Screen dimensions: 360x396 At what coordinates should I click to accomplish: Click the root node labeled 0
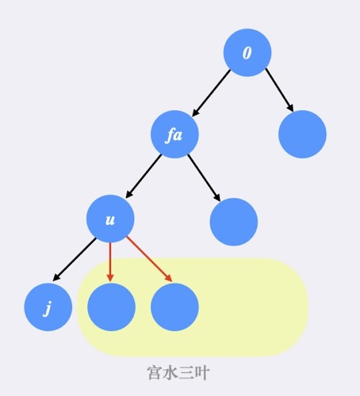coord(247,52)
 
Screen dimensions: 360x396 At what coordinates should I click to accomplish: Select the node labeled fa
coord(174,135)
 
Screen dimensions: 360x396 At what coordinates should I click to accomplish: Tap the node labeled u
coord(110,219)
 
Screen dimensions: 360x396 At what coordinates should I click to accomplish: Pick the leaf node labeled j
coord(48,307)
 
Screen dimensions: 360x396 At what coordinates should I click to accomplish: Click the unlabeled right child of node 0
coord(302,135)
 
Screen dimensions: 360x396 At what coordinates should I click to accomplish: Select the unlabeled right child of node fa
coord(234,222)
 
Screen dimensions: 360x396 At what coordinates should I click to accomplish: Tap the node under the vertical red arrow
coord(111,307)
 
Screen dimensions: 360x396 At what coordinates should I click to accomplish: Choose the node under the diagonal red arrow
coord(174,307)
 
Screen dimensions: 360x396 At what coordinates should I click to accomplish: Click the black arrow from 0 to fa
coord(211,93)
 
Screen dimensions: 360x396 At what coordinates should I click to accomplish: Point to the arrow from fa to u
coord(144,176)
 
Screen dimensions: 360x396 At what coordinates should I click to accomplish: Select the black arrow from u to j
coord(75,259)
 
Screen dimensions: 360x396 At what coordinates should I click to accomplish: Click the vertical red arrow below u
coord(110,262)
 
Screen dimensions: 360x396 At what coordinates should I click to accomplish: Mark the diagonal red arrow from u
coord(150,259)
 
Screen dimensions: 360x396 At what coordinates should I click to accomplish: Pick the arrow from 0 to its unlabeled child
coord(279,90)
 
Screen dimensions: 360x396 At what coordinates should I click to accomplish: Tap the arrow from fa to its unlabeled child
coord(204,177)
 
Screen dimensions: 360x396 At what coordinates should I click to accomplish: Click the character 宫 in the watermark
coord(155,372)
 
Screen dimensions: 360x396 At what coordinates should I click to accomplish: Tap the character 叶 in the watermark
coord(202,372)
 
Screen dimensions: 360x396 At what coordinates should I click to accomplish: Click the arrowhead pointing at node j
coord(56,277)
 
